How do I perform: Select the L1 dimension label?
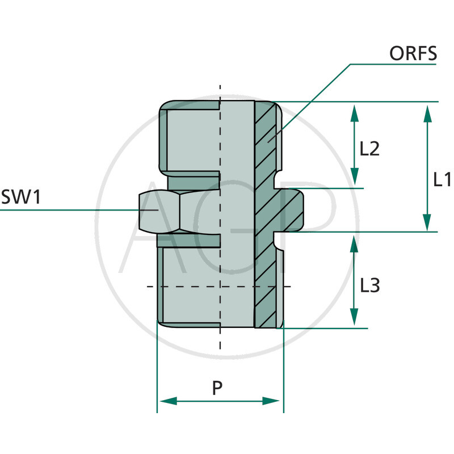442,180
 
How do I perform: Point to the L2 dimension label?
369,149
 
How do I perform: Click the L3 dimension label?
369,285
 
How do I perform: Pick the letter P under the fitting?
217,388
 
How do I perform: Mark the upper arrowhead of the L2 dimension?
354,111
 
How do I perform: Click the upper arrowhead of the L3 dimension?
354,242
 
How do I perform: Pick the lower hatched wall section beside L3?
266,284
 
